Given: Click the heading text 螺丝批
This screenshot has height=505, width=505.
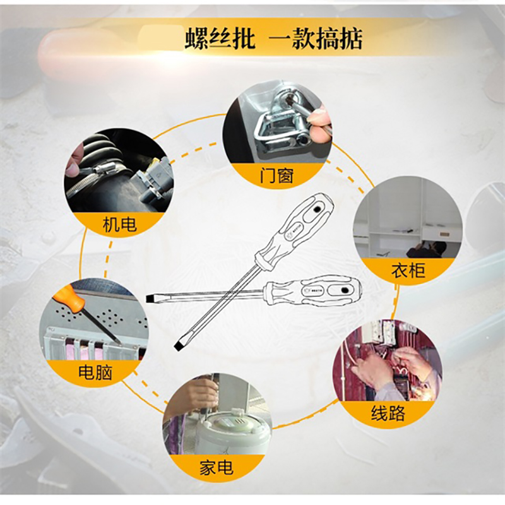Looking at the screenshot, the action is pos(220,39).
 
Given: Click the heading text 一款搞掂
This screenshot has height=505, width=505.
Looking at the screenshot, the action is pos(316,39).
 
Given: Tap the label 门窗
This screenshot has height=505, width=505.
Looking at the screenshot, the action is pos(276,176).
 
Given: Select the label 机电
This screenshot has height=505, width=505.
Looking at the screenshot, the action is pos(120,224).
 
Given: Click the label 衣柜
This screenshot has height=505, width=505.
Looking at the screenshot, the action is pos(408,270).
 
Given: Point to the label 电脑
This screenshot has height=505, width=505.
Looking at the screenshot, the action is pos(95,372).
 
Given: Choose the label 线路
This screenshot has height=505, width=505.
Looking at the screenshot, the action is pos(388,413).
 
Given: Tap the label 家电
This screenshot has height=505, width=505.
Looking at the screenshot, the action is pos(217,468).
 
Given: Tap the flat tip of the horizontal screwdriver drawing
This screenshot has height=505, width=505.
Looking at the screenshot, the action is pos(149,298).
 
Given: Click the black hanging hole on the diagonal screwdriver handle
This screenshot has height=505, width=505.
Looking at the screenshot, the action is pos(317,210).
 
